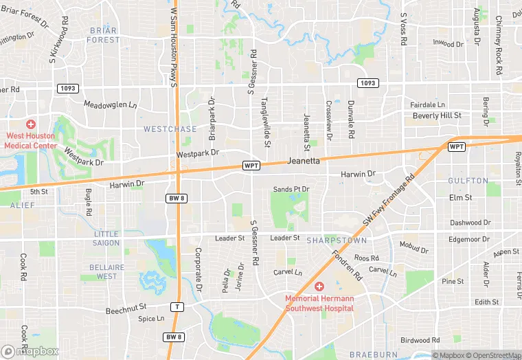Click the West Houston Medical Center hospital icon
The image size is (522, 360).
click(30, 124)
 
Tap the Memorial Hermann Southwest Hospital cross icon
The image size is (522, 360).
click(319, 286)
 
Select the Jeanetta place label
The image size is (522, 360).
click(303, 161)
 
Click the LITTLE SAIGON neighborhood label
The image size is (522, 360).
click(106, 238)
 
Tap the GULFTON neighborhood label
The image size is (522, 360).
click(468, 181)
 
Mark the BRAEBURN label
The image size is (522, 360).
click(374, 355)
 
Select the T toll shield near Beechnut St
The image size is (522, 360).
click(177, 307)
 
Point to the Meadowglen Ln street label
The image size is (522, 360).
click(111, 105)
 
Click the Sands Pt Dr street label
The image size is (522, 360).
click(291, 189)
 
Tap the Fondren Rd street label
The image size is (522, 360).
click(349, 265)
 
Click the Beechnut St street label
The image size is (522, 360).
click(126, 311)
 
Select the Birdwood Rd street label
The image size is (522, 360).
click(420, 340)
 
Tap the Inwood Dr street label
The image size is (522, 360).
click(448, 43)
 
